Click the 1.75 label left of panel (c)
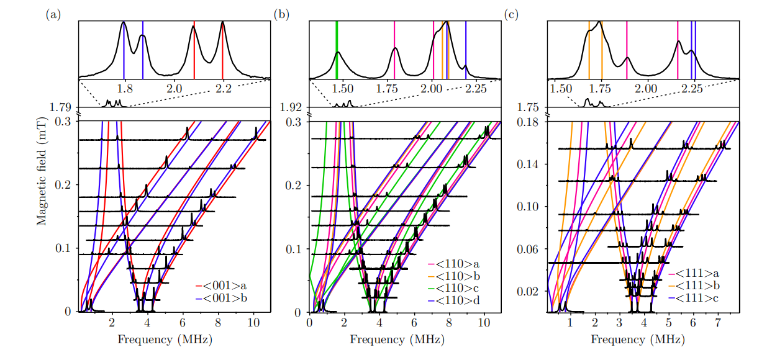(528, 107)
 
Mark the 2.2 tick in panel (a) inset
(223, 89)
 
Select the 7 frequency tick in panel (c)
(717, 323)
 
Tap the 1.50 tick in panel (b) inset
(343, 89)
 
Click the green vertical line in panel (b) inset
(337, 50)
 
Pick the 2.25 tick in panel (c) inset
(692, 89)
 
